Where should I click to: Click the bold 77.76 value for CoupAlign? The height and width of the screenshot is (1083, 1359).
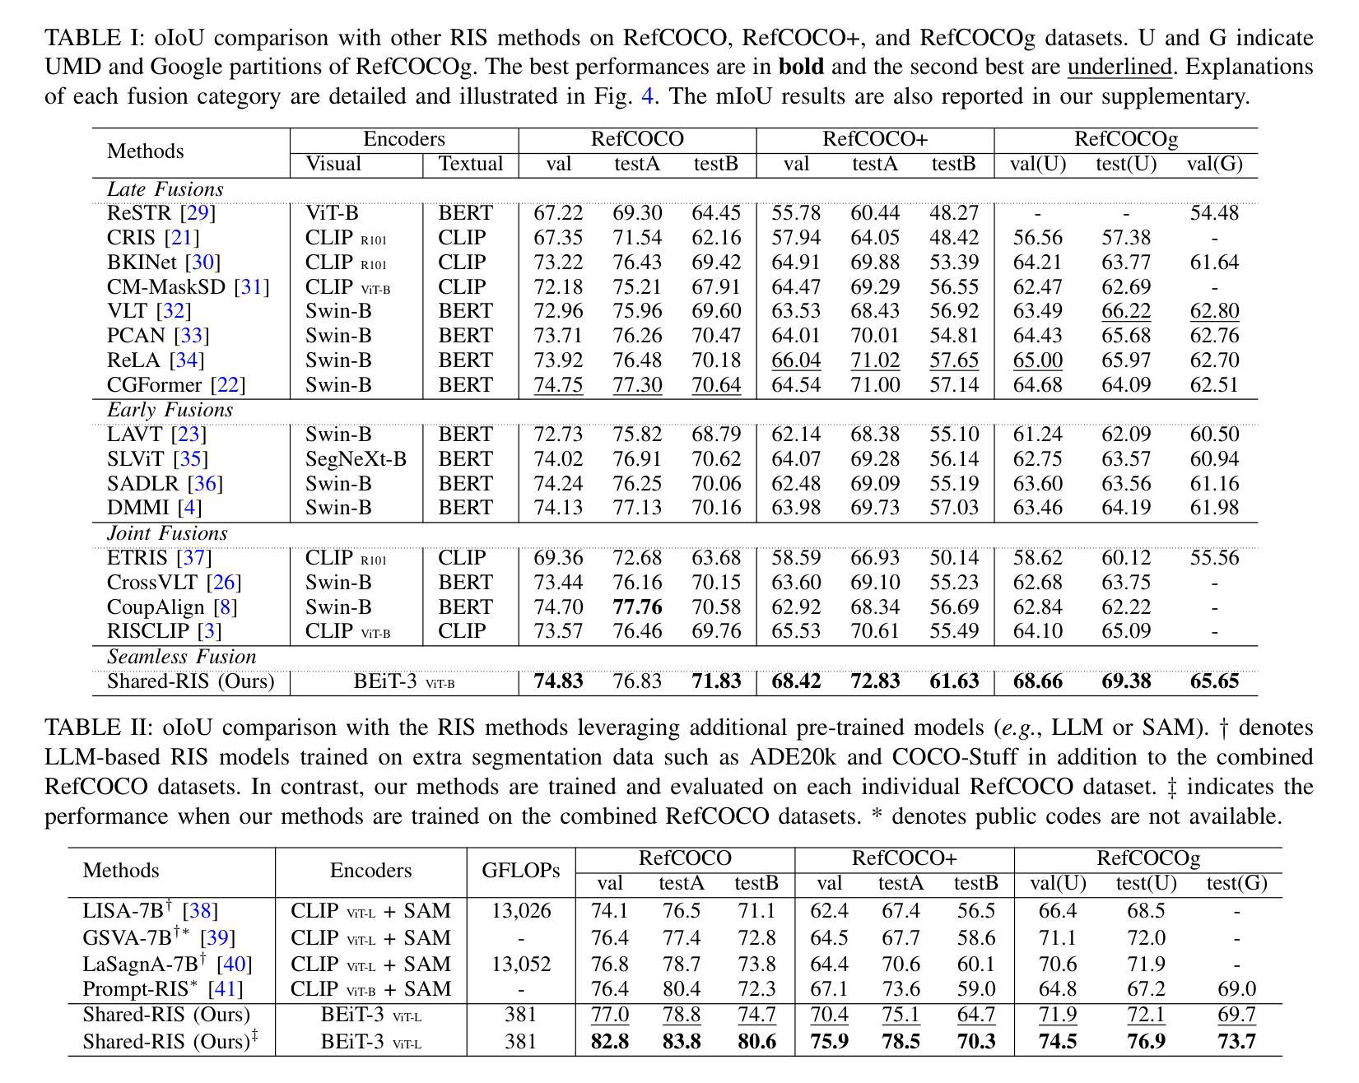tap(637, 607)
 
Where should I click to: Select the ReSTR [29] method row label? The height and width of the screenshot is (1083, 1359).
tap(161, 213)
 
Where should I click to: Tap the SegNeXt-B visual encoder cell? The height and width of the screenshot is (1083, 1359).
tap(356, 459)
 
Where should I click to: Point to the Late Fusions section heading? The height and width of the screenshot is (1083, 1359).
tap(165, 189)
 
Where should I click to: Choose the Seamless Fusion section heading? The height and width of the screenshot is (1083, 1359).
tap(182, 657)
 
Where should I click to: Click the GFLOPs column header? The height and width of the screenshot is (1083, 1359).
tap(521, 871)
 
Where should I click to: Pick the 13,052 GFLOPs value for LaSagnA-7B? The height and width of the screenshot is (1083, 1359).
tap(521, 964)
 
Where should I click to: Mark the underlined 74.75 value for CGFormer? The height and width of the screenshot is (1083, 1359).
tap(558, 385)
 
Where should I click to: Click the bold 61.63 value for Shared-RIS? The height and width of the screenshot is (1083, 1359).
tap(954, 681)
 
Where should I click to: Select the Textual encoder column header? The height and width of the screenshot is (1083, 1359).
tap(471, 164)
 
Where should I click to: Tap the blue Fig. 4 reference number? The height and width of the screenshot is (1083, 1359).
tap(648, 96)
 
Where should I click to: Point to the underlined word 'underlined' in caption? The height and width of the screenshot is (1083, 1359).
tap(1119, 67)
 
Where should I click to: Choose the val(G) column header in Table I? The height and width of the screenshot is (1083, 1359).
tap(1214, 165)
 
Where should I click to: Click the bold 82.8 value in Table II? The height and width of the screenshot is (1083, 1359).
tap(610, 1041)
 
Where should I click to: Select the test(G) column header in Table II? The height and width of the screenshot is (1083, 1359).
tap(1236, 883)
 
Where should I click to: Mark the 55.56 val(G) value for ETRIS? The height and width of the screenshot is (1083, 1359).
tap(1214, 558)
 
